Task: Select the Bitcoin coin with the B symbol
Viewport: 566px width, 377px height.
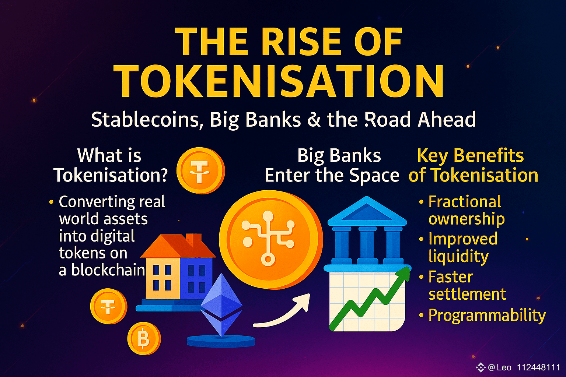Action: (x=144, y=338)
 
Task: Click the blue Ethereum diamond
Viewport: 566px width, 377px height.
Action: (x=221, y=305)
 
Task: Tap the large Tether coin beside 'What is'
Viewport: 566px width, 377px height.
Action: (x=200, y=171)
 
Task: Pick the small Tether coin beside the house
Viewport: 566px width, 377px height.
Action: (x=109, y=306)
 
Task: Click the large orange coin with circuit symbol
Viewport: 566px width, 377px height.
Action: (x=270, y=239)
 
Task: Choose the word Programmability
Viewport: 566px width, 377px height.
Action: (x=487, y=316)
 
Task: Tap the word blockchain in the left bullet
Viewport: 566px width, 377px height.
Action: (x=108, y=270)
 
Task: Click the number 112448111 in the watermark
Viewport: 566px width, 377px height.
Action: (x=538, y=367)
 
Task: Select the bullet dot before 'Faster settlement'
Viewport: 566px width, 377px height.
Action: (x=421, y=277)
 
